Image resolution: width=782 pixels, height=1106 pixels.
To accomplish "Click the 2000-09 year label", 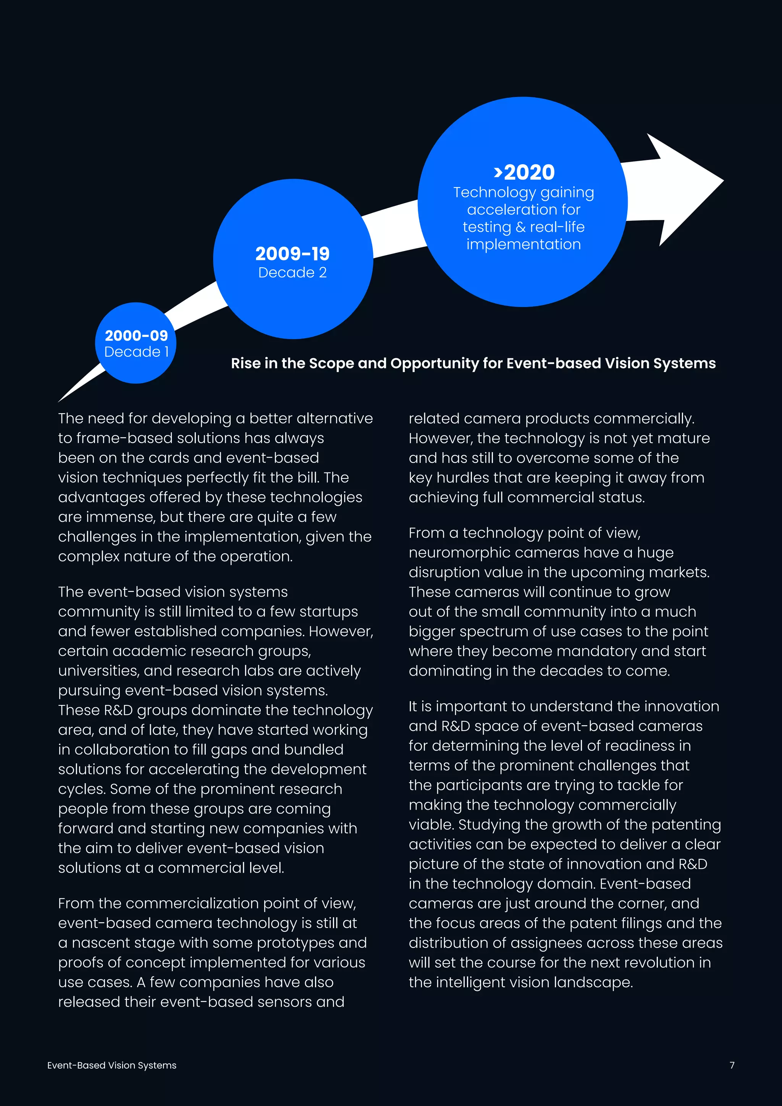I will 136,335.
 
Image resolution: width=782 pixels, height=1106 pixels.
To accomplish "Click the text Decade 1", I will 136,352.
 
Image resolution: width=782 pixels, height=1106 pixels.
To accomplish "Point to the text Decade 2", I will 292,273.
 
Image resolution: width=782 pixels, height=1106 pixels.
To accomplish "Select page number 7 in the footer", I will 732,1065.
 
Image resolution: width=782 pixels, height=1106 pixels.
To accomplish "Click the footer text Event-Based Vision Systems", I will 112,1065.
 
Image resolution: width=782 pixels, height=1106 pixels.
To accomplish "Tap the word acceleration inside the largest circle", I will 523,210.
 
